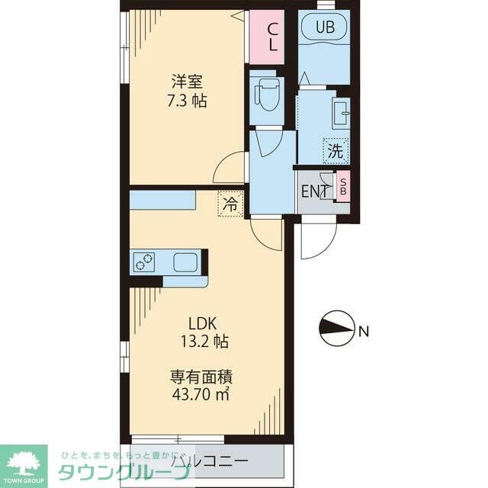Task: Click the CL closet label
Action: tap(271, 37)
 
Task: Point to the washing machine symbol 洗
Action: tap(335, 150)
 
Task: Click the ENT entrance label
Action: tap(314, 191)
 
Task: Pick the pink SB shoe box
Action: tap(343, 185)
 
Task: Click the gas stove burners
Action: tap(143, 262)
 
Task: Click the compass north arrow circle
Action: tap(336, 330)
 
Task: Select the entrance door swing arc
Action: tap(316, 240)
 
